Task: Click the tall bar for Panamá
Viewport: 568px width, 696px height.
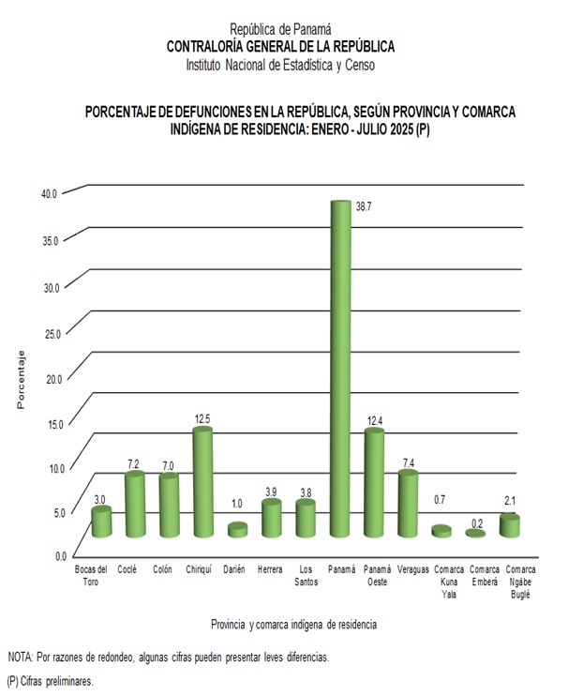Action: pos(339,366)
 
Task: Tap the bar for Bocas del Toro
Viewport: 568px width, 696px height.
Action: pos(101,522)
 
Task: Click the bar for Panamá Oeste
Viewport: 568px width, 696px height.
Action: pos(374,482)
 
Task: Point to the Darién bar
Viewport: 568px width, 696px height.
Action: pos(237,530)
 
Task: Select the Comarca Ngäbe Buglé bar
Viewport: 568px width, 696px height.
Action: pos(509,525)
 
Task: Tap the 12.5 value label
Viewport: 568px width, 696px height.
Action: pos(202,417)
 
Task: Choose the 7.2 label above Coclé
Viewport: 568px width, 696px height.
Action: pos(135,463)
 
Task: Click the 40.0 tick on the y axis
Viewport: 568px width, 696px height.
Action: pos(49,193)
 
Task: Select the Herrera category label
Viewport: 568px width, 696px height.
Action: pos(271,569)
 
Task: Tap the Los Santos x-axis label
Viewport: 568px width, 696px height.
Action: pos(305,575)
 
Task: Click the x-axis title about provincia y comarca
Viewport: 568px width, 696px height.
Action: pos(294,624)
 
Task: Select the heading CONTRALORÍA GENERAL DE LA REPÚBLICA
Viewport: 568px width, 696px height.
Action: pos(280,46)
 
